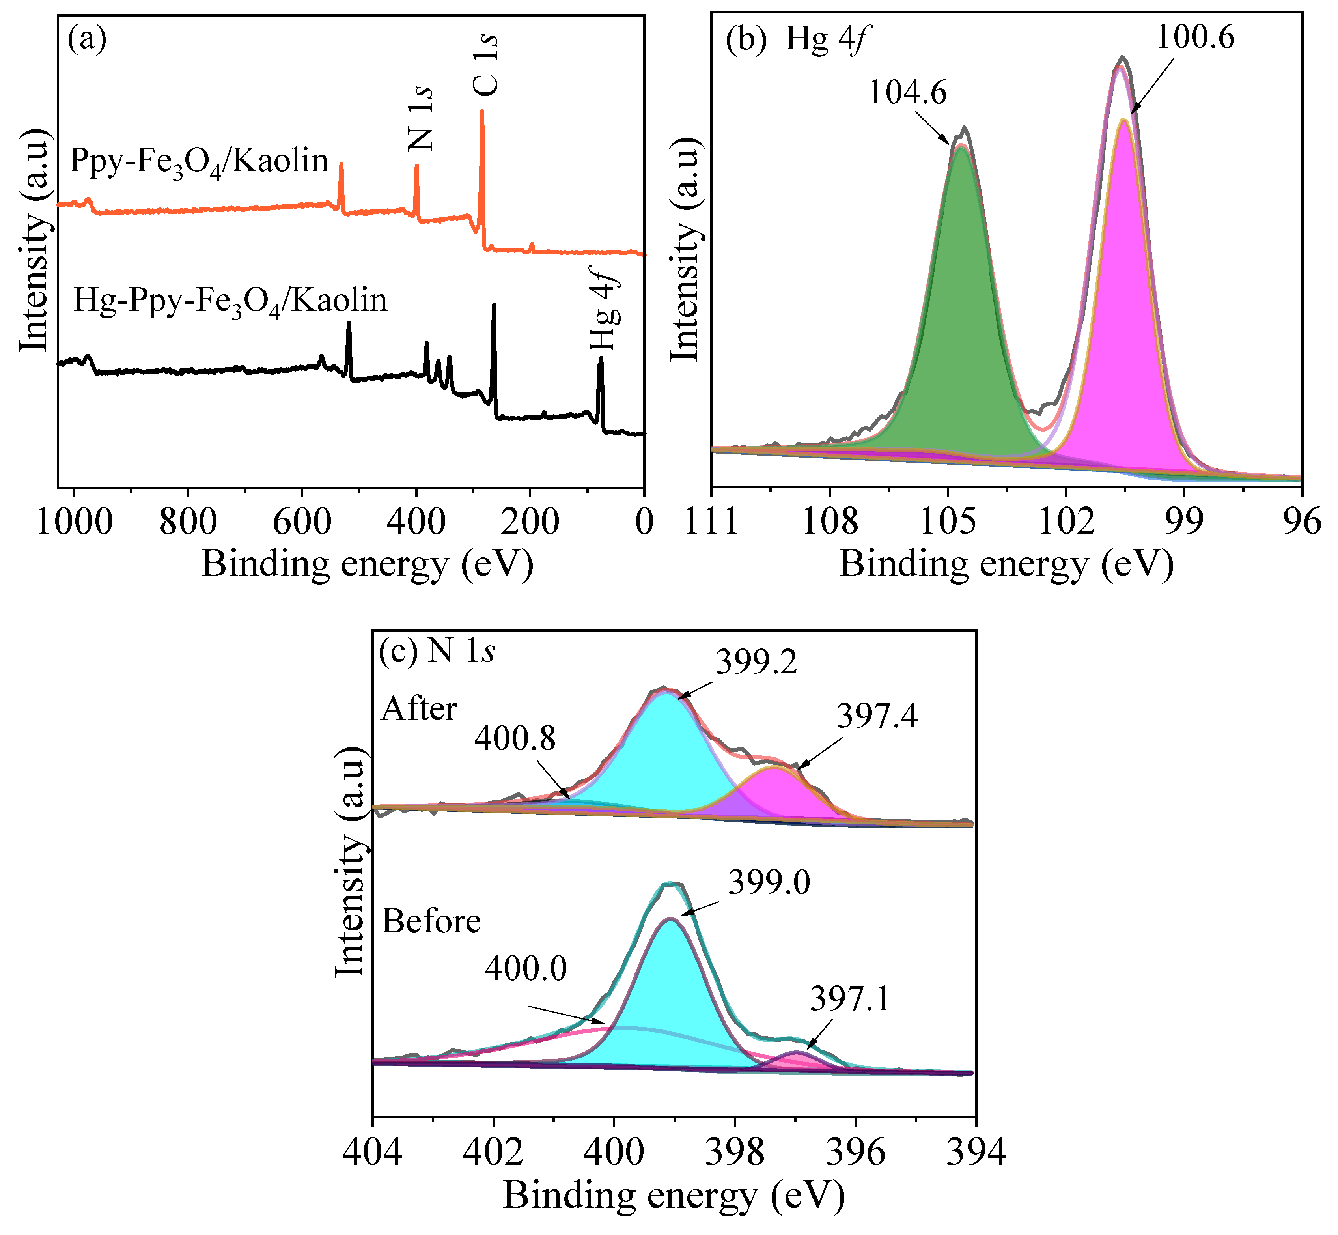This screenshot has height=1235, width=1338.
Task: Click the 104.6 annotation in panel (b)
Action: tap(907, 93)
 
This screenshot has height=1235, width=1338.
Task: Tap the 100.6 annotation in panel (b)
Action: tap(1195, 37)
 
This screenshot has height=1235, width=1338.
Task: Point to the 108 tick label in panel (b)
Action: tap(829, 522)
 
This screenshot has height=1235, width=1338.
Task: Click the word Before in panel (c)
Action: tap(431, 922)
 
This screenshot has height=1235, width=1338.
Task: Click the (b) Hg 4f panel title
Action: tap(798, 39)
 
